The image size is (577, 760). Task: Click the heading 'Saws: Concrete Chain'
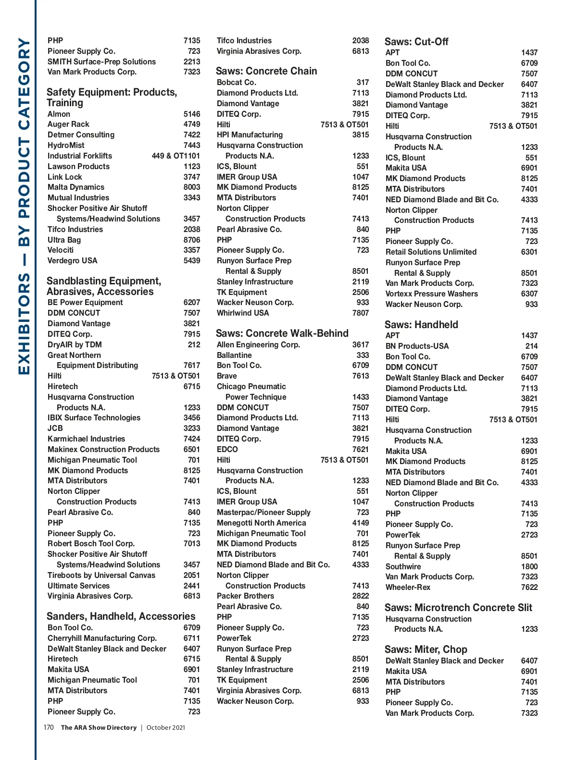coord(266,71)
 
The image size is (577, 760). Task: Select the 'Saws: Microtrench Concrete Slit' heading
coord(458,608)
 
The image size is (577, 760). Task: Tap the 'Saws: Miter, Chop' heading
coord(426,650)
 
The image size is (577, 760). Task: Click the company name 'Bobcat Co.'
coord(236,83)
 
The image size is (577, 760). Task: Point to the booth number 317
coord(363,83)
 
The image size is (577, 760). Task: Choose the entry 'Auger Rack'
coord(68,124)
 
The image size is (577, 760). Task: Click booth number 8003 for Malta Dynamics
coord(191,187)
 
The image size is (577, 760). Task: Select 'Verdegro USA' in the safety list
coord(72,261)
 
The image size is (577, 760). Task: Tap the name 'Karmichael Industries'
coord(86,439)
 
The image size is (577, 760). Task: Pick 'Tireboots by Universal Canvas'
coord(101,576)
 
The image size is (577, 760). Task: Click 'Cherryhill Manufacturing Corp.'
coord(102,638)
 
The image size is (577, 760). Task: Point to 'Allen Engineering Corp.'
coord(258,345)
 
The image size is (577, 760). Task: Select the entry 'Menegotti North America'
coord(261,523)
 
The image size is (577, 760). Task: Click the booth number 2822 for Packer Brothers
coord(360,596)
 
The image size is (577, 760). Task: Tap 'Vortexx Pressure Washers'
coord(431,294)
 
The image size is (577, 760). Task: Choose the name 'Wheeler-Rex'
coord(408,588)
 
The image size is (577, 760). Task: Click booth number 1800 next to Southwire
coord(529,567)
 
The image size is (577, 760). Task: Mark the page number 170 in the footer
coord(49,727)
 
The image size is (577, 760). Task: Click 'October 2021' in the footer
coord(165,728)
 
